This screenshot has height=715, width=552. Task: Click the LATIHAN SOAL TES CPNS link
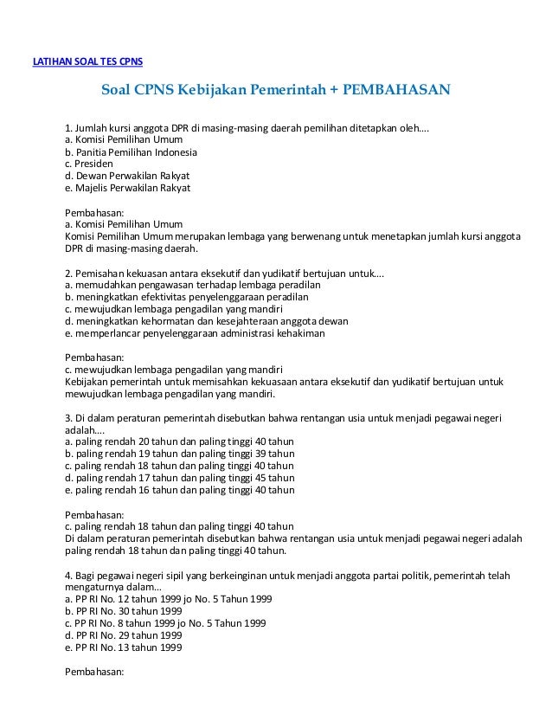(87, 61)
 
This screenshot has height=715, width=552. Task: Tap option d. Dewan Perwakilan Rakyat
(127, 175)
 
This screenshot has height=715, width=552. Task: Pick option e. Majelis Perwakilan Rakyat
(128, 187)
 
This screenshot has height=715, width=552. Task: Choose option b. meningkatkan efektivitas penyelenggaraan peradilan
(193, 296)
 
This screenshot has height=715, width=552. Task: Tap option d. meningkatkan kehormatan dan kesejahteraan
(207, 320)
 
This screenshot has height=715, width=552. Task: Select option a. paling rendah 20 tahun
(179, 441)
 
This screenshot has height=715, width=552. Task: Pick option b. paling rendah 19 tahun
(179, 453)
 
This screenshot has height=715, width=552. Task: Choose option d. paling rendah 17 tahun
(179, 477)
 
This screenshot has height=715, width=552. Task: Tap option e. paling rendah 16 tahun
(179, 489)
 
